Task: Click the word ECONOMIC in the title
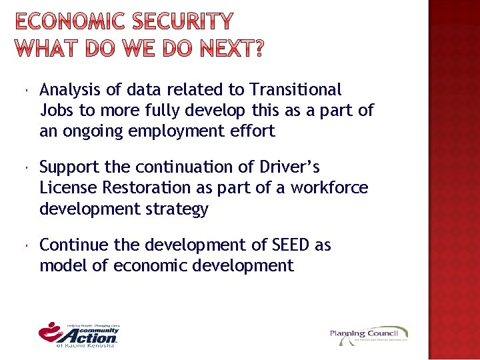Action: point(72,22)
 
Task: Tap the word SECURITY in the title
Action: point(186,22)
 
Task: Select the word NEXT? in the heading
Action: point(229,48)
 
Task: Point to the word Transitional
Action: point(295,89)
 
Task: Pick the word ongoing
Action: point(97,131)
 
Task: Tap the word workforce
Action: point(329,188)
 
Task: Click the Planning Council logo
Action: point(369,335)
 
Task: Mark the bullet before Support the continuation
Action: point(24,167)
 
